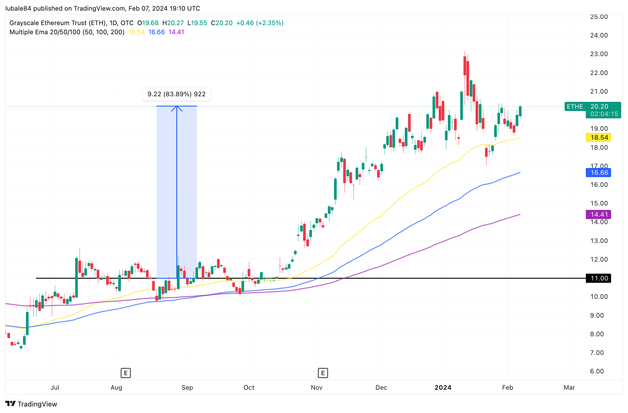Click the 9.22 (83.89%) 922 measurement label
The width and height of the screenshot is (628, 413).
176,94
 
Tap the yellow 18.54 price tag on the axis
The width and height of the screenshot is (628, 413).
599,138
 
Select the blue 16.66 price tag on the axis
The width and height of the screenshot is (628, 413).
599,173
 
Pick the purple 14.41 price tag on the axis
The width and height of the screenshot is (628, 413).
599,215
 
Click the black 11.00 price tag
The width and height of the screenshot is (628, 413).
599,278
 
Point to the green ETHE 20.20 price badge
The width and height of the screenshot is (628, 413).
593,110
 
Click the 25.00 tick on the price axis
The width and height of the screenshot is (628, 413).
599,17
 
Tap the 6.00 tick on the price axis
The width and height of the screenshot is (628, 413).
597,371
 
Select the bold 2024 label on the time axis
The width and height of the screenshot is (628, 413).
443,388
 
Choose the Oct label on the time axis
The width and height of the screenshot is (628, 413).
249,388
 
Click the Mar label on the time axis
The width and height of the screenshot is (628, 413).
569,388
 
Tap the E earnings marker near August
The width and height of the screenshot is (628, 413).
126,373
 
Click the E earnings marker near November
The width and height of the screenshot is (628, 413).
323,373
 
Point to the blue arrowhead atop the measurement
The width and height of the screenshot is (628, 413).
177,108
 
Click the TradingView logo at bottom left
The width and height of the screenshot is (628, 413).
31,404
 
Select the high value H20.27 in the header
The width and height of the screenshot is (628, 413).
173,23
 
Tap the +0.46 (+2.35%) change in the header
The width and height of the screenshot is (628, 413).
260,23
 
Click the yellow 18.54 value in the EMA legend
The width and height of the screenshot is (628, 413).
136,32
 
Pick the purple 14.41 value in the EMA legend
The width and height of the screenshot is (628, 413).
176,32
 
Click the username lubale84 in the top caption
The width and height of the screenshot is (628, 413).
18,8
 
